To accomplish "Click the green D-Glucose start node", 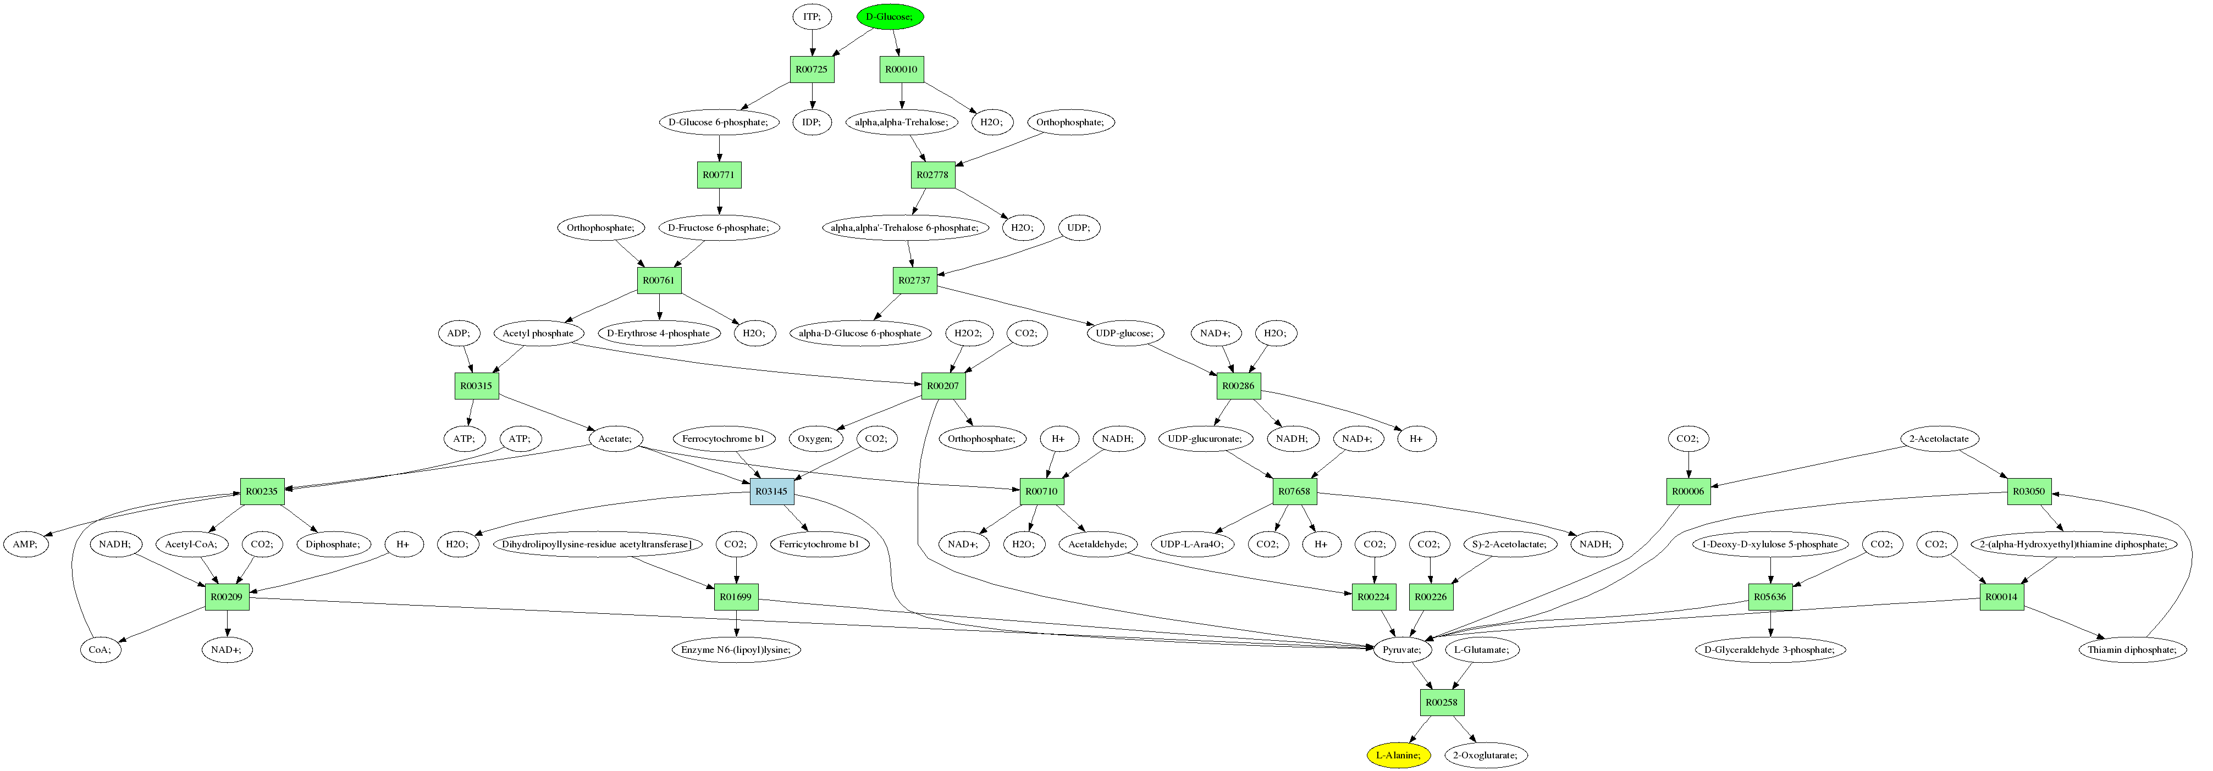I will pos(890,16).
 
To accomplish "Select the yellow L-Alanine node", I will pos(1399,756).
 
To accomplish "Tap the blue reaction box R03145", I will pos(771,491).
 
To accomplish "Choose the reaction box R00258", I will pos(1441,702).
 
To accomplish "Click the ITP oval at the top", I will pos(811,16).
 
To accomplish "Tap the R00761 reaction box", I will pos(659,280).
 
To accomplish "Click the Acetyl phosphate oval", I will pos(538,333).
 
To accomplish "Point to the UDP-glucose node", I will pos(1124,333).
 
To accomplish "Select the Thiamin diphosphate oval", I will pos(2132,650).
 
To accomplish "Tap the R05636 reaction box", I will pos(1770,597).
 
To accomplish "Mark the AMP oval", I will pos(25,545).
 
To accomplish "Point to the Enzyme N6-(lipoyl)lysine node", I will pos(736,650).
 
